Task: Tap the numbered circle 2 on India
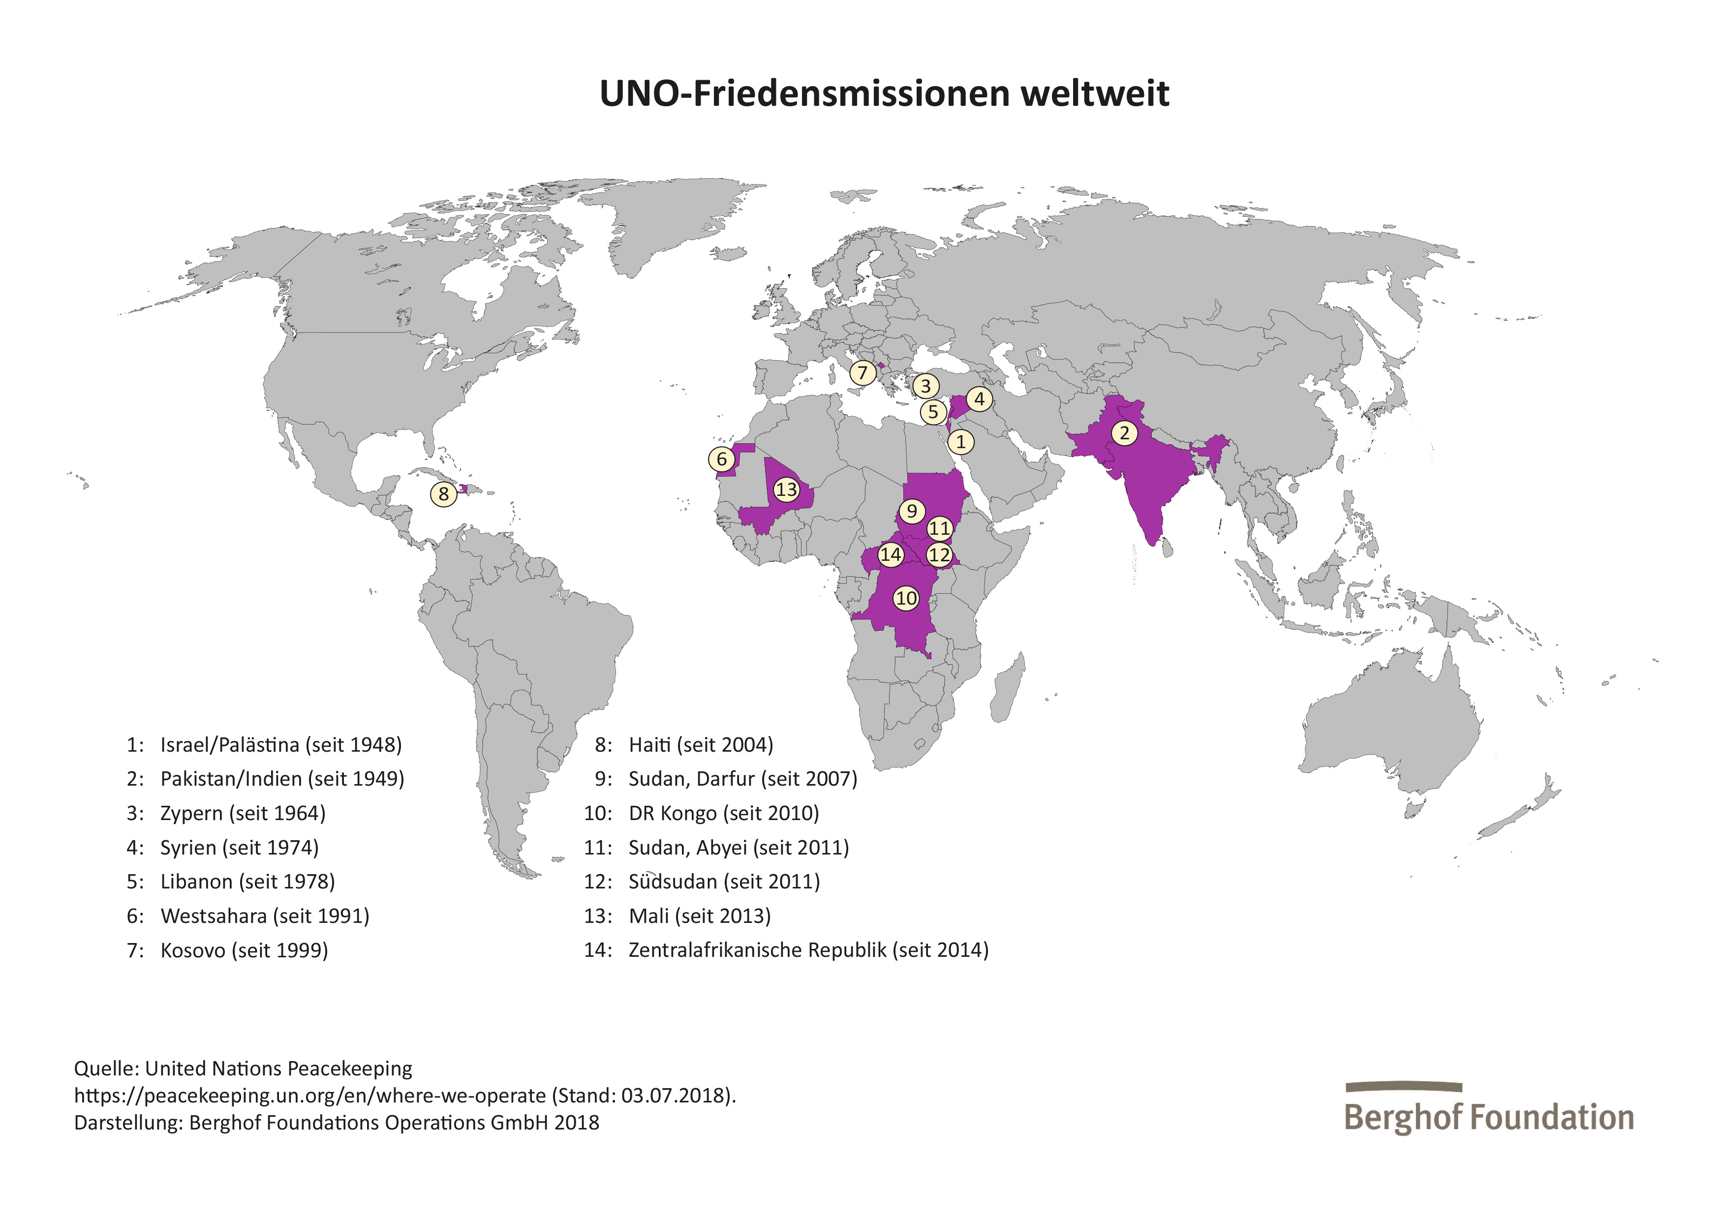coord(1124,433)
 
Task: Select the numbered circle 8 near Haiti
coord(443,494)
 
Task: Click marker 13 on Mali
coord(786,489)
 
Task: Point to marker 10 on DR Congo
coord(906,598)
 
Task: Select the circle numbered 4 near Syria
coord(979,399)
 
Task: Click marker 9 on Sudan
coord(911,511)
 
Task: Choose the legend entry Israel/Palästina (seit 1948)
coord(280,745)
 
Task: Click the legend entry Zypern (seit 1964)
coord(242,813)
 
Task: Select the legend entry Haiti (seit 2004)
coord(700,745)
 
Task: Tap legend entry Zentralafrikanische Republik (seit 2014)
coord(808,950)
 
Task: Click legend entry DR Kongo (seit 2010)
coord(723,813)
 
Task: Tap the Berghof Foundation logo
coord(1488,1109)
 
